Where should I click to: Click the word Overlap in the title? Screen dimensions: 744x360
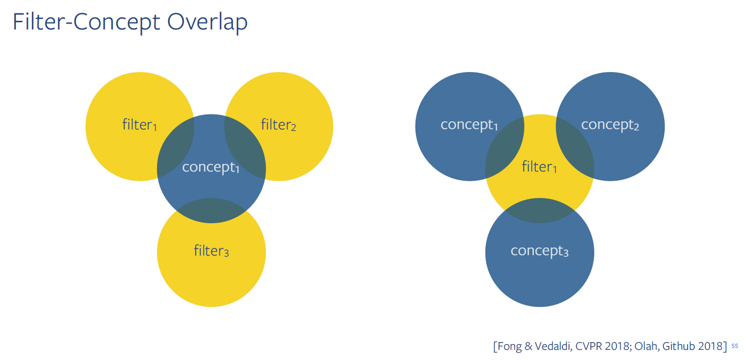tap(207, 22)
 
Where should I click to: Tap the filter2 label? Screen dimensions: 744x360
tap(278, 125)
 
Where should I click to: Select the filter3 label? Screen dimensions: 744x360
tap(211, 251)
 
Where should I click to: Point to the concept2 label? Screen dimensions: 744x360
tap(610, 125)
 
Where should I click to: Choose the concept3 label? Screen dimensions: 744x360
tap(539, 251)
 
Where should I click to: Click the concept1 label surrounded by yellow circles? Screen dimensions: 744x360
tap(211, 167)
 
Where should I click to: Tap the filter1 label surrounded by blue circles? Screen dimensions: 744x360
tap(539, 167)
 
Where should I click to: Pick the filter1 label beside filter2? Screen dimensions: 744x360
tap(140, 125)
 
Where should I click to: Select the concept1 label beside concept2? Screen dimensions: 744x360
tap(469, 125)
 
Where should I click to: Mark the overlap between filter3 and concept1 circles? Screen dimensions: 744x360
tap(211, 211)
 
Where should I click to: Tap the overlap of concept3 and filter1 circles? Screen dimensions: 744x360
tap(540, 211)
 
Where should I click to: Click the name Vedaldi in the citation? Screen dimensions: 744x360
tap(553, 346)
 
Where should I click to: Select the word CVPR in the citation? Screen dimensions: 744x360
tap(588, 346)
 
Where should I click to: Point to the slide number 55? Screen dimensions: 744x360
tap(735, 346)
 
